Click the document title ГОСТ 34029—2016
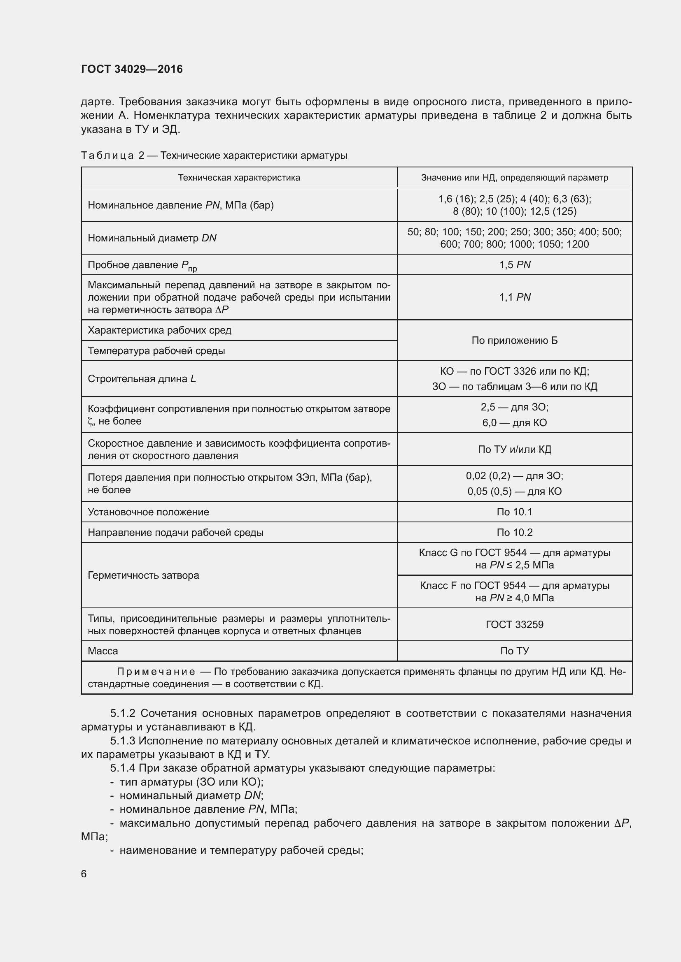(132, 69)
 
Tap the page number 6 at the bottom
(84, 874)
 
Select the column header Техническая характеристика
(239, 178)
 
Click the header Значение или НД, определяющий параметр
(515, 178)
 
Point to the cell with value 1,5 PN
(515, 265)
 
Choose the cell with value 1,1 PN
(515, 297)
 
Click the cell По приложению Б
(515, 340)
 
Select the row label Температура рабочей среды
(156, 351)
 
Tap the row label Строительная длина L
(142, 379)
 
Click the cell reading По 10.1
(515, 512)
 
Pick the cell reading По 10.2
(515, 533)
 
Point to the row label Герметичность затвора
(143, 575)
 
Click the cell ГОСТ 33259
(515, 625)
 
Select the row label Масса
(103, 651)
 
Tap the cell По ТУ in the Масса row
(515, 651)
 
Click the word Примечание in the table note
(156, 672)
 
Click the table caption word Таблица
(107, 156)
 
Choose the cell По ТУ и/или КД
(515, 450)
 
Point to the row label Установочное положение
(149, 512)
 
